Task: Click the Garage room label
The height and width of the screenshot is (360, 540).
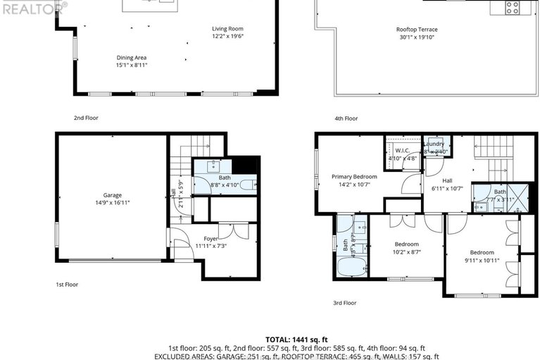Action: click(x=112, y=194)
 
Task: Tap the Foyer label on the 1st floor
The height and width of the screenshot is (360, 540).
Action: click(x=211, y=239)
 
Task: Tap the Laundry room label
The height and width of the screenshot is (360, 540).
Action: click(x=434, y=144)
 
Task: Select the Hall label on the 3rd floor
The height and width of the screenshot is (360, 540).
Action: click(x=447, y=180)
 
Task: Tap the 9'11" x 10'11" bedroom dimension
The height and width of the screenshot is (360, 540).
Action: click(x=482, y=260)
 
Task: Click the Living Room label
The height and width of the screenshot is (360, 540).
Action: click(x=227, y=29)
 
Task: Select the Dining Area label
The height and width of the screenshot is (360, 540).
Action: click(x=132, y=57)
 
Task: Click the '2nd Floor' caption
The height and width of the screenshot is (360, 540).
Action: click(x=87, y=118)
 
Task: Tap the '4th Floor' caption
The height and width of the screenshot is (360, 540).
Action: click(x=346, y=118)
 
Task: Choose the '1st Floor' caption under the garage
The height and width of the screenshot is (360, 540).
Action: click(x=67, y=285)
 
